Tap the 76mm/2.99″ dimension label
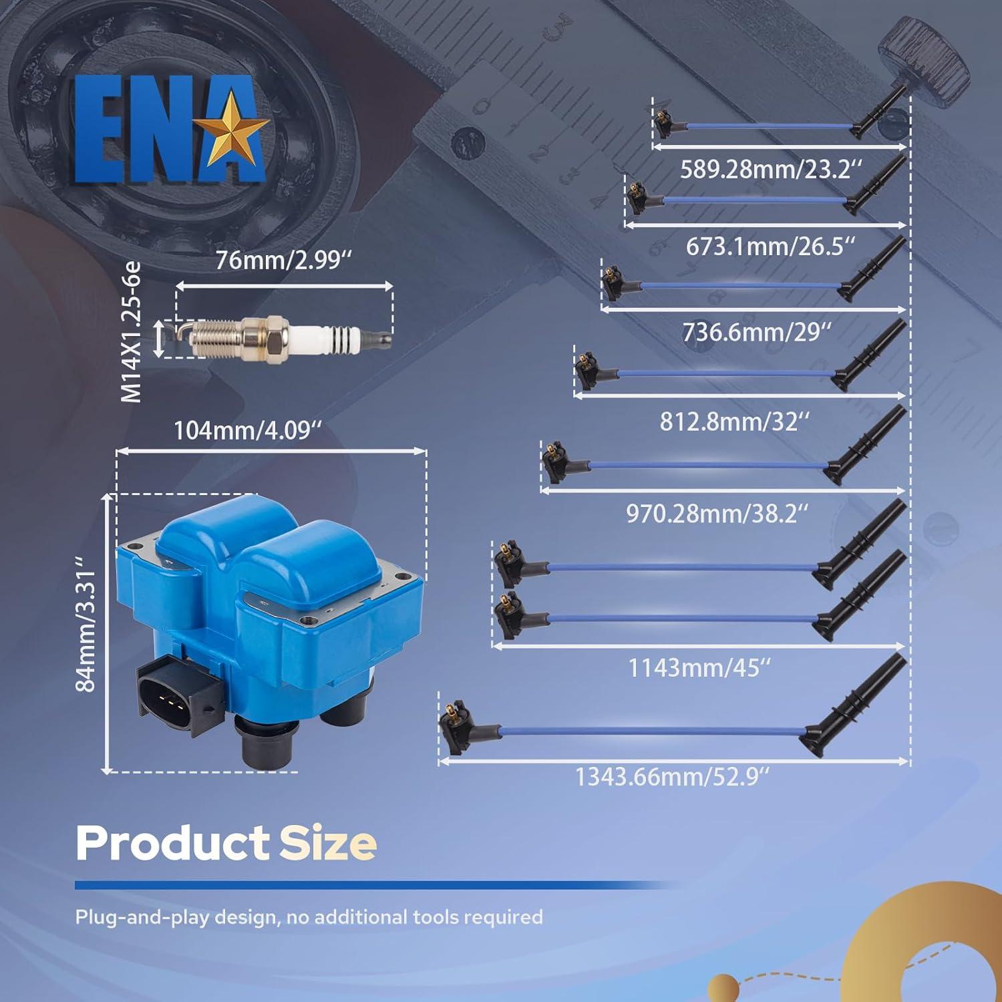[x=283, y=261]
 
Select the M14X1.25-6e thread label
[x=132, y=332]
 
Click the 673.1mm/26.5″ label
[x=770, y=246]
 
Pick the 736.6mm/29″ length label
[x=757, y=332]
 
